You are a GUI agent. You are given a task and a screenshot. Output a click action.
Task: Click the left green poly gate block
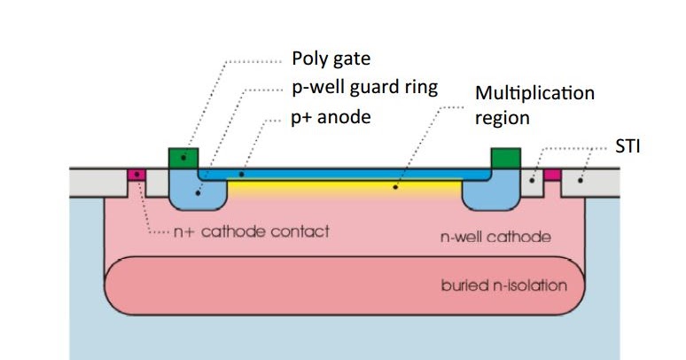[183, 158]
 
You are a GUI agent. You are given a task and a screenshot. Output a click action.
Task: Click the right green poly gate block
[504, 158]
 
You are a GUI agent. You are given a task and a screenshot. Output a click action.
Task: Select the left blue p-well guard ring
[198, 192]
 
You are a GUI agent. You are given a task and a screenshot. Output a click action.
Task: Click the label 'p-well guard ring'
[364, 88]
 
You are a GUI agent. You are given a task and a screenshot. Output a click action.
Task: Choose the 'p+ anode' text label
[330, 115]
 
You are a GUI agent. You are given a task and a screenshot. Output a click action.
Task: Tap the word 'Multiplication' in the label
[534, 93]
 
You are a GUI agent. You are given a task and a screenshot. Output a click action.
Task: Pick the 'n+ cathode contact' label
[250, 232]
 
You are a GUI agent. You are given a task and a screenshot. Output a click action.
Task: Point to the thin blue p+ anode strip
[346, 175]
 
